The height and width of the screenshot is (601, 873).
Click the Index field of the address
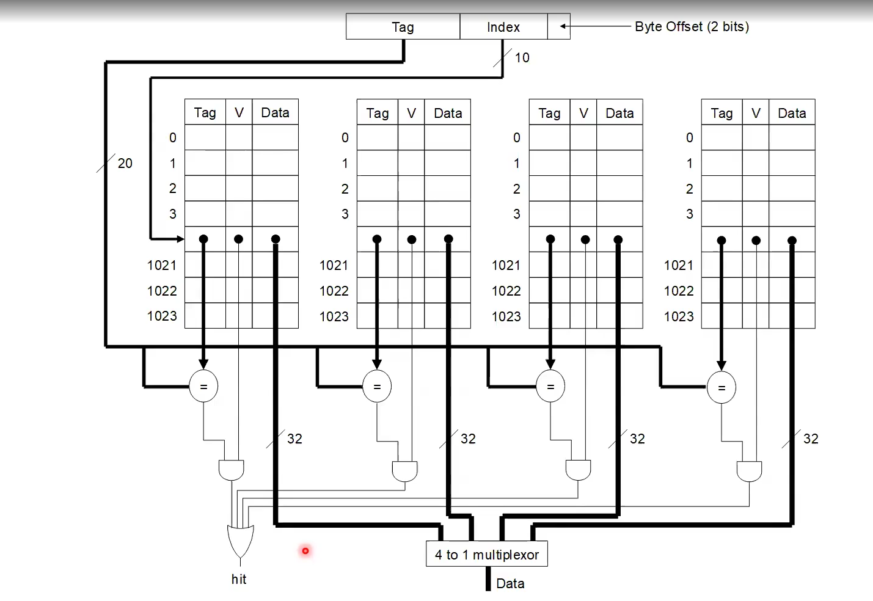coord(503,27)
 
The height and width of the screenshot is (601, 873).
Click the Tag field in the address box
coord(403,27)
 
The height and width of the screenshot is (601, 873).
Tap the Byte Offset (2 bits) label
coord(692,27)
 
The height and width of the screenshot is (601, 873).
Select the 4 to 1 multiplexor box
coord(486,555)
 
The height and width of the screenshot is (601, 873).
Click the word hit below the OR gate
coord(239,579)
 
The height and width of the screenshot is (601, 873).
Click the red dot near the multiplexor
coord(305,551)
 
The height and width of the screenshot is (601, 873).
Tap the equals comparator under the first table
coord(203,387)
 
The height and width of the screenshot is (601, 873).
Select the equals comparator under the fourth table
coord(721,387)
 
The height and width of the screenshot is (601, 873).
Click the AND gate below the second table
coord(404,471)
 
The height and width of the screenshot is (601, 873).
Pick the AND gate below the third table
coord(578,470)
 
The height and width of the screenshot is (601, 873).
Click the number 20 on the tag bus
coord(125,163)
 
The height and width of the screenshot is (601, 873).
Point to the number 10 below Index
coord(522,57)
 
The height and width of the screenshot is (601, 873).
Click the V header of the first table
coord(239,112)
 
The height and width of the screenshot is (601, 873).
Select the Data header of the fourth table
coord(792,113)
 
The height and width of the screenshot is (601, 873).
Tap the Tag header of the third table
coord(549,113)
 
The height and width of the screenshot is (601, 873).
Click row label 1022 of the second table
coord(334,291)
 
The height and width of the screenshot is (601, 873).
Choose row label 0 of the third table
coord(517,138)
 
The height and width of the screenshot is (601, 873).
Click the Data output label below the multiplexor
coord(510,583)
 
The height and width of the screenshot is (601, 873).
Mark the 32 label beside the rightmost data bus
coord(811,439)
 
